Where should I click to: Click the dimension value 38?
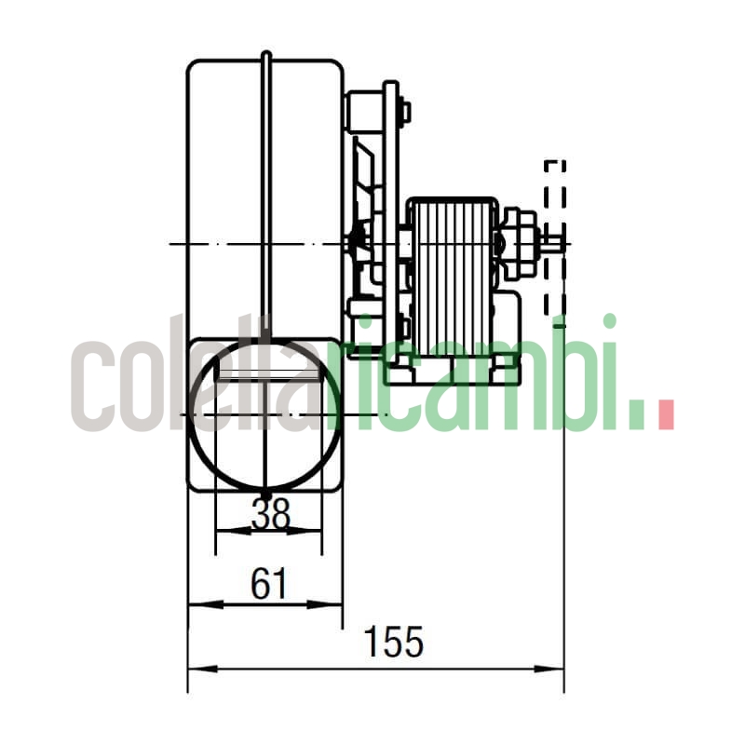tap(270, 513)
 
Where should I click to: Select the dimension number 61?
tap(270, 584)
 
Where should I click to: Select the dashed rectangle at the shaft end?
tap(554, 237)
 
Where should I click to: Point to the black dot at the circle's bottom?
tap(265, 494)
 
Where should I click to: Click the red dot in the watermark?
tap(665, 415)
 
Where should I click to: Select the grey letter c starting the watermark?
tap(93, 386)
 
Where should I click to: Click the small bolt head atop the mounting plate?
tap(404, 113)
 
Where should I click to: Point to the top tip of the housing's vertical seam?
tap(265, 54)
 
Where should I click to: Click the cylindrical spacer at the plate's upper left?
tap(359, 110)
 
